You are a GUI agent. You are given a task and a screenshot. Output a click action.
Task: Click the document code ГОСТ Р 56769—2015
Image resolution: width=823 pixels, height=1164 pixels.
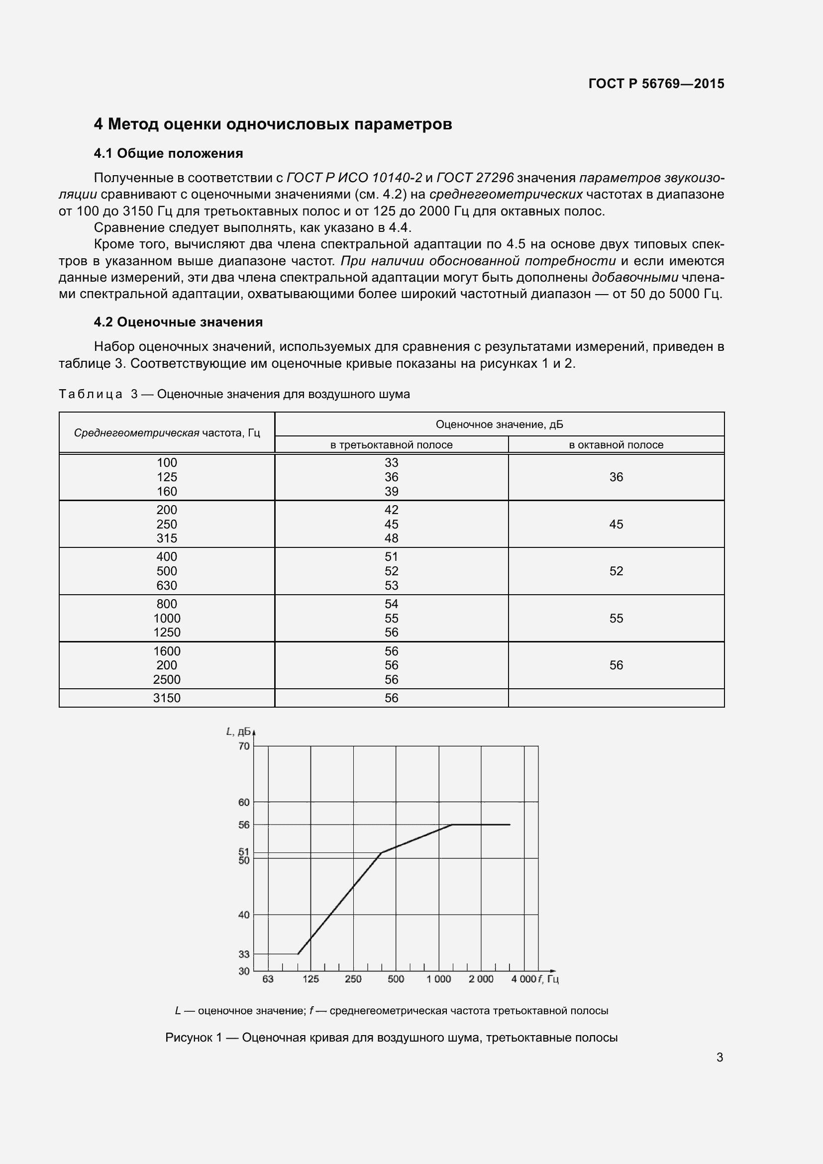click(656, 84)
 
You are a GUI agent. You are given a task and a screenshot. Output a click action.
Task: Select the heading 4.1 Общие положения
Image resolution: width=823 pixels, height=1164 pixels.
click(168, 153)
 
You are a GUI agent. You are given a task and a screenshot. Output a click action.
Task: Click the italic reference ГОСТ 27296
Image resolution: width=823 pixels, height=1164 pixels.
click(475, 178)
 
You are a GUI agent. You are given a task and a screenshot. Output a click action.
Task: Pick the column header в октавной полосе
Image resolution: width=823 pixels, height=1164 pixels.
click(616, 444)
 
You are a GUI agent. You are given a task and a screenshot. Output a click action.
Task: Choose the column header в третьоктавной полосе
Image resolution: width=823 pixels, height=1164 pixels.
click(391, 444)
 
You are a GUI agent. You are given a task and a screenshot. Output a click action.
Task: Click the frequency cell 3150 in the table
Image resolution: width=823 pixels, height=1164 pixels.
click(167, 698)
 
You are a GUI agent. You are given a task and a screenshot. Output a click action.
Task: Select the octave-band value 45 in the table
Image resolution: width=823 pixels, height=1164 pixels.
click(616, 524)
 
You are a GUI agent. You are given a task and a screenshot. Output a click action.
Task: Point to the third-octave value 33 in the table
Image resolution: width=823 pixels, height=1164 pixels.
click(391, 462)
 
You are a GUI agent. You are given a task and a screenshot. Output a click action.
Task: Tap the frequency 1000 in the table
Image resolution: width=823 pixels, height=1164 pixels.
click(167, 618)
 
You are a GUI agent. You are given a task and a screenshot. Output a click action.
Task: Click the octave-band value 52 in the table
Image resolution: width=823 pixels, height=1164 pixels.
click(616, 571)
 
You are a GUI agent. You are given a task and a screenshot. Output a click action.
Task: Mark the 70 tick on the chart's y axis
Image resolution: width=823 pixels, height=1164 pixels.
click(244, 746)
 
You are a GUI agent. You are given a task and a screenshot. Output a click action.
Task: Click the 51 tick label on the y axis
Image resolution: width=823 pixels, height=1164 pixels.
click(244, 851)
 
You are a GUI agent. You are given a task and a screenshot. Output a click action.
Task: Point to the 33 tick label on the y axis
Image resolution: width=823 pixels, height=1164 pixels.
click(244, 953)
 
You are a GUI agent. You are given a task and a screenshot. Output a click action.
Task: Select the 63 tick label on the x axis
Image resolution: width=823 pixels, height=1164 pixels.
click(268, 979)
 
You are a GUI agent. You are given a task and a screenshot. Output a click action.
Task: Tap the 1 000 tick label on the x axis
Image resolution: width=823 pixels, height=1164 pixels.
click(438, 979)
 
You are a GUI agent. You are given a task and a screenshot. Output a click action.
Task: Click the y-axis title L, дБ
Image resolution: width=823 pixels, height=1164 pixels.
click(238, 731)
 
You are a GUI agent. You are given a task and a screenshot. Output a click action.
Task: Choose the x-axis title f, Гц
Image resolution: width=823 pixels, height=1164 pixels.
click(548, 979)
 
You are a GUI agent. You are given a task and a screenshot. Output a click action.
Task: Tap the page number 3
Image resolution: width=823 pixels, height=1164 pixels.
click(719, 1057)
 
